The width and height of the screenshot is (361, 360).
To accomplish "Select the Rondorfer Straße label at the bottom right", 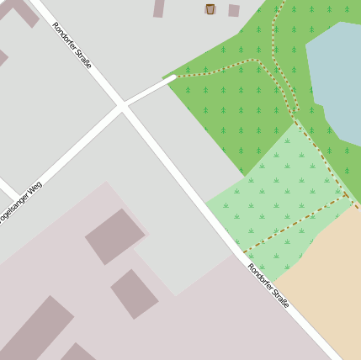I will coord(268,285).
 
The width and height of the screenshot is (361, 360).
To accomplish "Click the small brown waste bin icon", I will coord(210,9).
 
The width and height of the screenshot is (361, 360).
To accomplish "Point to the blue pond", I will coord(337,80).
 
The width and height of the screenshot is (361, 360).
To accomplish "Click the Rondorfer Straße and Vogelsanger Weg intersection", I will coord(123,107).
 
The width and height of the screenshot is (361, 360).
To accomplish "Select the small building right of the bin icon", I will coord(233,11).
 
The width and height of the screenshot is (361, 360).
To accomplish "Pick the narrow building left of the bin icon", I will coord(158,8).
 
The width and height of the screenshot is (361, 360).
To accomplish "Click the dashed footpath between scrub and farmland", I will coord(295,225).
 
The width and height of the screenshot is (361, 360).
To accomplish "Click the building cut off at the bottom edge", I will coord(80,352).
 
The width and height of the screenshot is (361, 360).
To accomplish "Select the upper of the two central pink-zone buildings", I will coord(114,236).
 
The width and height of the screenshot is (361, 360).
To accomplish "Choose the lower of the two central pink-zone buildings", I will coord(135,294).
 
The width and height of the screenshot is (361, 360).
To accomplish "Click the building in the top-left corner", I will coord(22,10).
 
